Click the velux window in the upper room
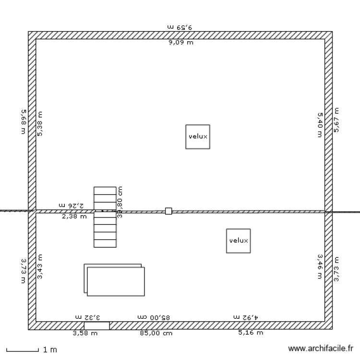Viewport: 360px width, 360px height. [x=198, y=136]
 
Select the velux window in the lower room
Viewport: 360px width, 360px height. [x=239, y=240]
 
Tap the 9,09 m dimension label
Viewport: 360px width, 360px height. [x=180, y=43]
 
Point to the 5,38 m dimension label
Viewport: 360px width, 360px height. [x=40, y=124]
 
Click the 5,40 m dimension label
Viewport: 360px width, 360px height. [x=320, y=125]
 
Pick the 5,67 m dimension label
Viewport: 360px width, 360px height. [x=336, y=120]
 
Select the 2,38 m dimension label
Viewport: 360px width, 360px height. [x=74, y=216]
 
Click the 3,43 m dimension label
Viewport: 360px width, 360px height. [x=40, y=267]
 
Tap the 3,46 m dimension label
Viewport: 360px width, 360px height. [x=320, y=266]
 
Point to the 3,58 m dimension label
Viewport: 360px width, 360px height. [x=85, y=333]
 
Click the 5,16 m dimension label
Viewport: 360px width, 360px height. [x=251, y=333]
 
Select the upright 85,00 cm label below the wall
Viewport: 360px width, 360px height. [x=156, y=333]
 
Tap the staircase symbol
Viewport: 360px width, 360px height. [x=105, y=217]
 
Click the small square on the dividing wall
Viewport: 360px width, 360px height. [x=168, y=211]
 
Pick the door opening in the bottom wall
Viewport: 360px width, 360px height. [x=96, y=325]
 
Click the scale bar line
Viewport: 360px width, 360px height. [x=22, y=350]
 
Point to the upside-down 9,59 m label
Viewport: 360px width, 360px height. [x=180, y=27]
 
